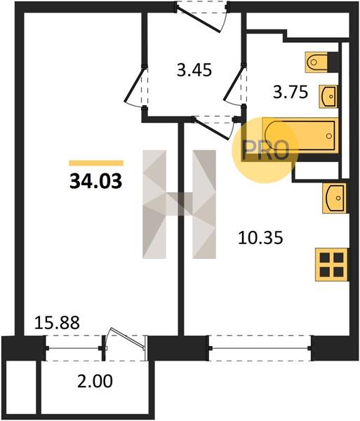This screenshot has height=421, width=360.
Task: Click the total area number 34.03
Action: [x=96, y=181]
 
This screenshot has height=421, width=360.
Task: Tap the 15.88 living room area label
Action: [x=57, y=323]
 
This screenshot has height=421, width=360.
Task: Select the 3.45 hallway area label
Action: [x=194, y=70]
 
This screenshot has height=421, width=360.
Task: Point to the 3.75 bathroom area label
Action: [x=291, y=93]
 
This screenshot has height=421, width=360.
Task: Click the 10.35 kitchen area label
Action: [x=260, y=238]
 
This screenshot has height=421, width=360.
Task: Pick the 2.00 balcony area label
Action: [x=95, y=381]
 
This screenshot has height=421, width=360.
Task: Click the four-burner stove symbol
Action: [x=332, y=265]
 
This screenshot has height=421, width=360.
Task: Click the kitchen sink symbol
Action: [x=334, y=198]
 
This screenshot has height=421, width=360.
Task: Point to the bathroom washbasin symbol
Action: [x=328, y=96]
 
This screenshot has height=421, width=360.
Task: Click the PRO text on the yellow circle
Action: [x=265, y=150]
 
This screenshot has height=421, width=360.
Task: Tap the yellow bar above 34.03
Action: [x=96, y=163]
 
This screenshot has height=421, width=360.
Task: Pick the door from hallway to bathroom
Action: [x=235, y=85]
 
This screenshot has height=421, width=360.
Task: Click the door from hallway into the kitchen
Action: [x=213, y=128]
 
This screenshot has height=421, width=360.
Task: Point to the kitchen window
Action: [x=260, y=348]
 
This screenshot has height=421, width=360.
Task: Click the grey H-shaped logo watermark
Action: [x=179, y=204]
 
